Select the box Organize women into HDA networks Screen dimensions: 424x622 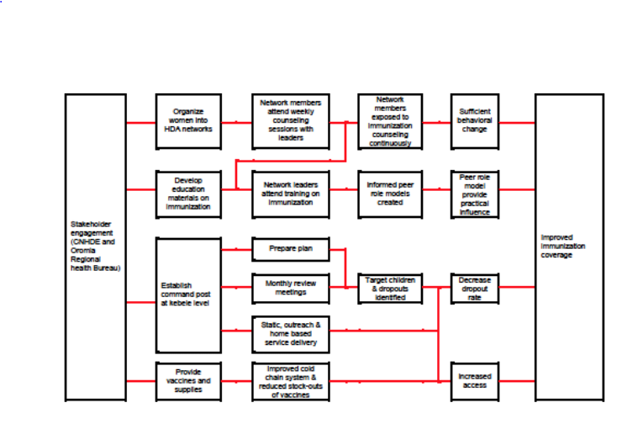188,121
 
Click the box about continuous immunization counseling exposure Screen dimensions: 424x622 389,121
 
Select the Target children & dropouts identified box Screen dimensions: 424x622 389,288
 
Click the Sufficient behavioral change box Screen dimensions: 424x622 476,121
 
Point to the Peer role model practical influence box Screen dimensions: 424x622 476,194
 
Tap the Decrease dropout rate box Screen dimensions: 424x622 476,288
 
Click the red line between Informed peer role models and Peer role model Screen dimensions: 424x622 436,190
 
